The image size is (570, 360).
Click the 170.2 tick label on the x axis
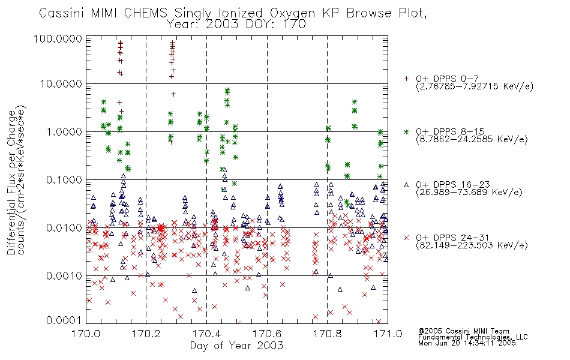tap(146, 334)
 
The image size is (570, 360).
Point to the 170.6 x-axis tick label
tap(267, 334)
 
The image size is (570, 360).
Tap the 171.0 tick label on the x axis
tap(388, 334)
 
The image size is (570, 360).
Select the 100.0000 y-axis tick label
tap(58, 38)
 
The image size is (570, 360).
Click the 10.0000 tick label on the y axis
tap(61, 84)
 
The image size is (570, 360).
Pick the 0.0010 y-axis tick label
tap(64, 276)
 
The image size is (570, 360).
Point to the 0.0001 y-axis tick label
tap(64, 320)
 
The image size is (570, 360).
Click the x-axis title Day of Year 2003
tap(236, 346)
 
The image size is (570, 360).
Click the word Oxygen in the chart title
tap(292, 13)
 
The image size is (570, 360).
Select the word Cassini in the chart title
tap(61, 13)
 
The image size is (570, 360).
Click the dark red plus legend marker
tap(406, 79)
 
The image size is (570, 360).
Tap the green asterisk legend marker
tap(406, 131)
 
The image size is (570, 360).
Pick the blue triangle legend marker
tap(406, 185)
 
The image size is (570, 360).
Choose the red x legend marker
tap(406, 238)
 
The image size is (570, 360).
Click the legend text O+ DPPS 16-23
tap(453, 185)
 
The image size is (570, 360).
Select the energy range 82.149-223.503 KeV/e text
tap(472, 245)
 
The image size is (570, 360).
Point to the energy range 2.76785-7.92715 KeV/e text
tap(475, 86)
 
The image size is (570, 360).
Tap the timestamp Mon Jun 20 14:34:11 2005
tap(467, 343)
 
